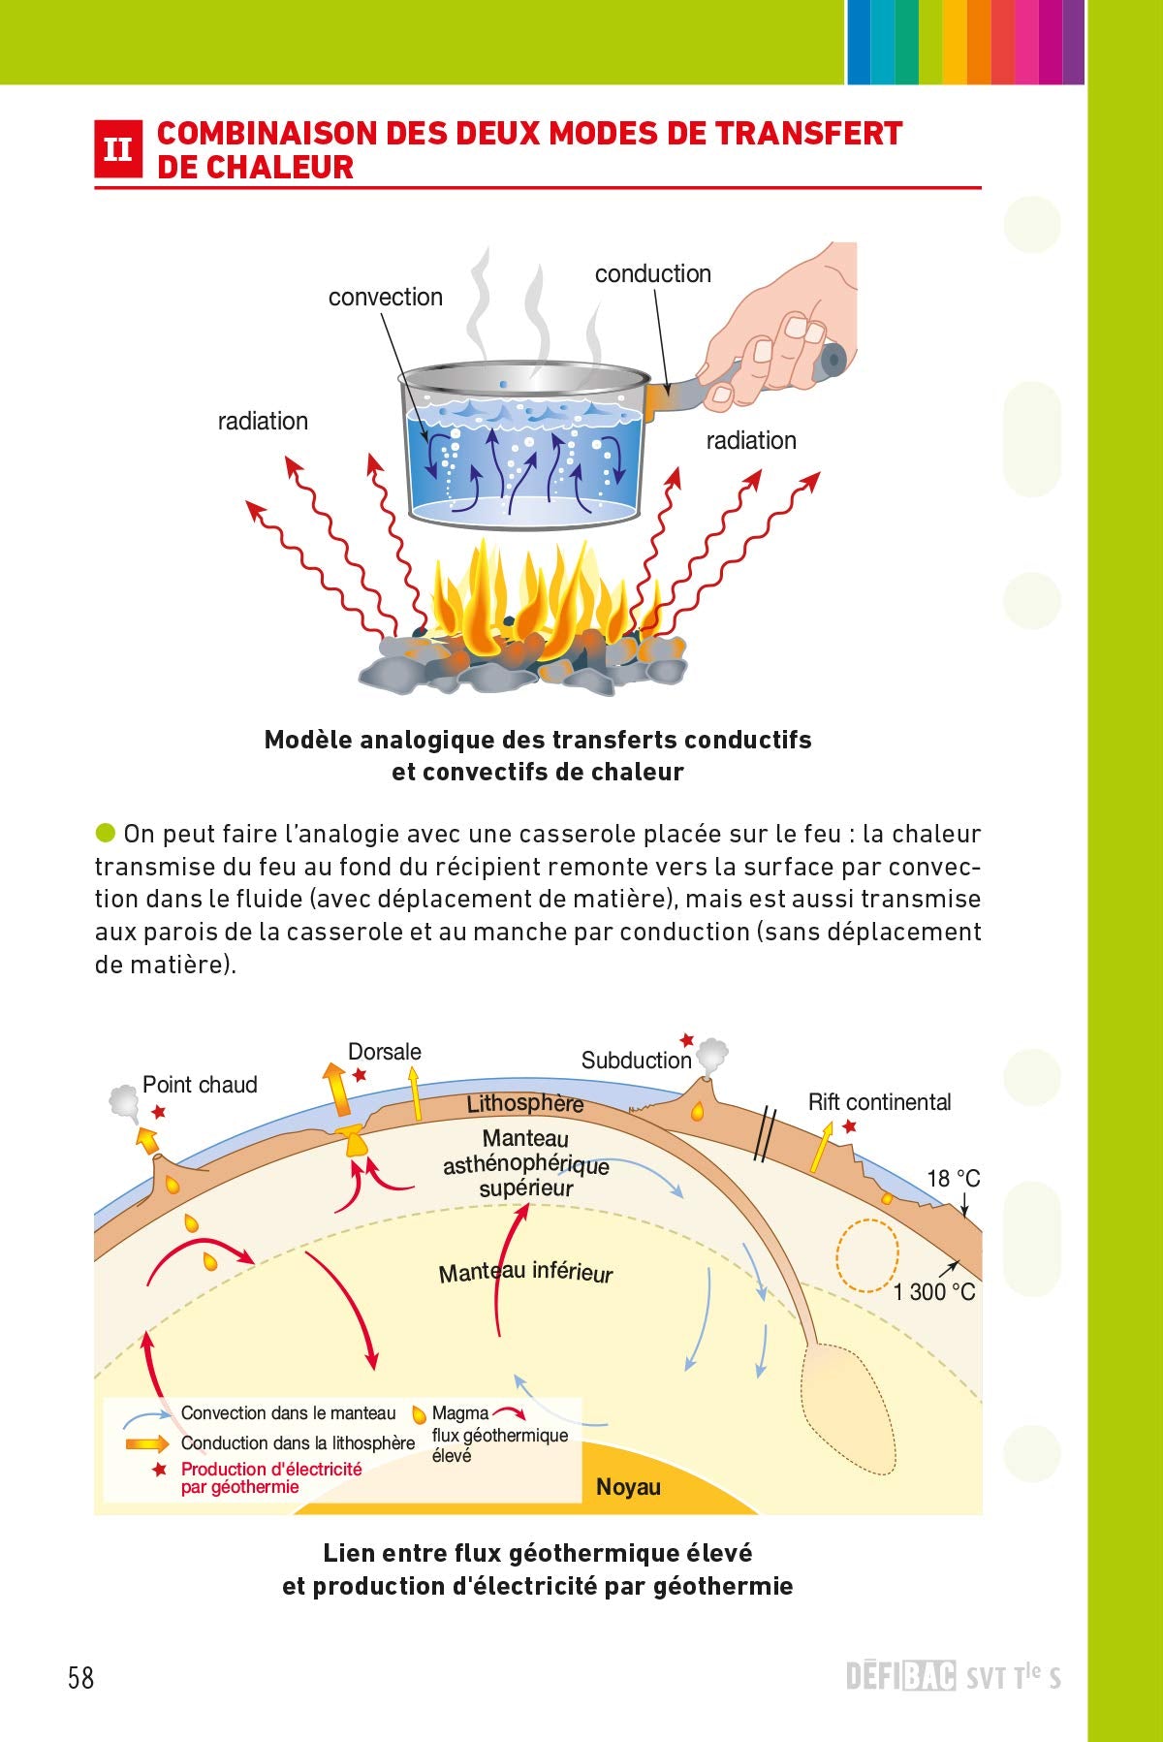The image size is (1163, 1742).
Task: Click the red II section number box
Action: (x=118, y=148)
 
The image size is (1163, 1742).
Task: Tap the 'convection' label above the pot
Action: (x=385, y=297)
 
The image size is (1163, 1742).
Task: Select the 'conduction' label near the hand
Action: (x=652, y=273)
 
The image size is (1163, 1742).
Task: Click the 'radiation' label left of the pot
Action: (x=263, y=421)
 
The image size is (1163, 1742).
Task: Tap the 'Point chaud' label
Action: (x=200, y=1084)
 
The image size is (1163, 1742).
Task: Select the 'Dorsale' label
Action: (x=384, y=1051)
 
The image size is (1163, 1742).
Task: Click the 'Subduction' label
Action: (x=636, y=1060)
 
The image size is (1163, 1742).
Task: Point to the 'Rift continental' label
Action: (x=879, y=1101)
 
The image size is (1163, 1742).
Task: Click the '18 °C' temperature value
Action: (x=953, y=1178)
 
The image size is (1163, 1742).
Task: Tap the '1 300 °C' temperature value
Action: (x=933, y=1291)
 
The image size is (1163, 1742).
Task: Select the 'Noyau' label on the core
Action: (x=628, y=1486)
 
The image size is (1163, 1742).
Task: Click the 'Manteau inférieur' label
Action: (x=525, y=1272)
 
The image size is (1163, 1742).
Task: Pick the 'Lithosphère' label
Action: (x=524, y=1103)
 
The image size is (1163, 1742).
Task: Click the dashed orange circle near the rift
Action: (x=867, y=1255)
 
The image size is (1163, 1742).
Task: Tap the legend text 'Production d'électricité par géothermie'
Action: (x=270, y=1477)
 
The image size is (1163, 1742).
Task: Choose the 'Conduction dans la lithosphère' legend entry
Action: (x=298, y=1442)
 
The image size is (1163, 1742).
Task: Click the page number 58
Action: (x=81, y=1677)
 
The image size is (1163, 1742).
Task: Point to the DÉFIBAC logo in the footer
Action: (x=900, y=1676)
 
